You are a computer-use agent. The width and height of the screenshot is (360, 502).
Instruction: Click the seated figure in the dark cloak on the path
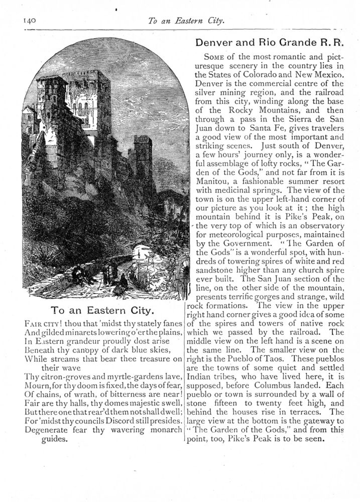(121, 284)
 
